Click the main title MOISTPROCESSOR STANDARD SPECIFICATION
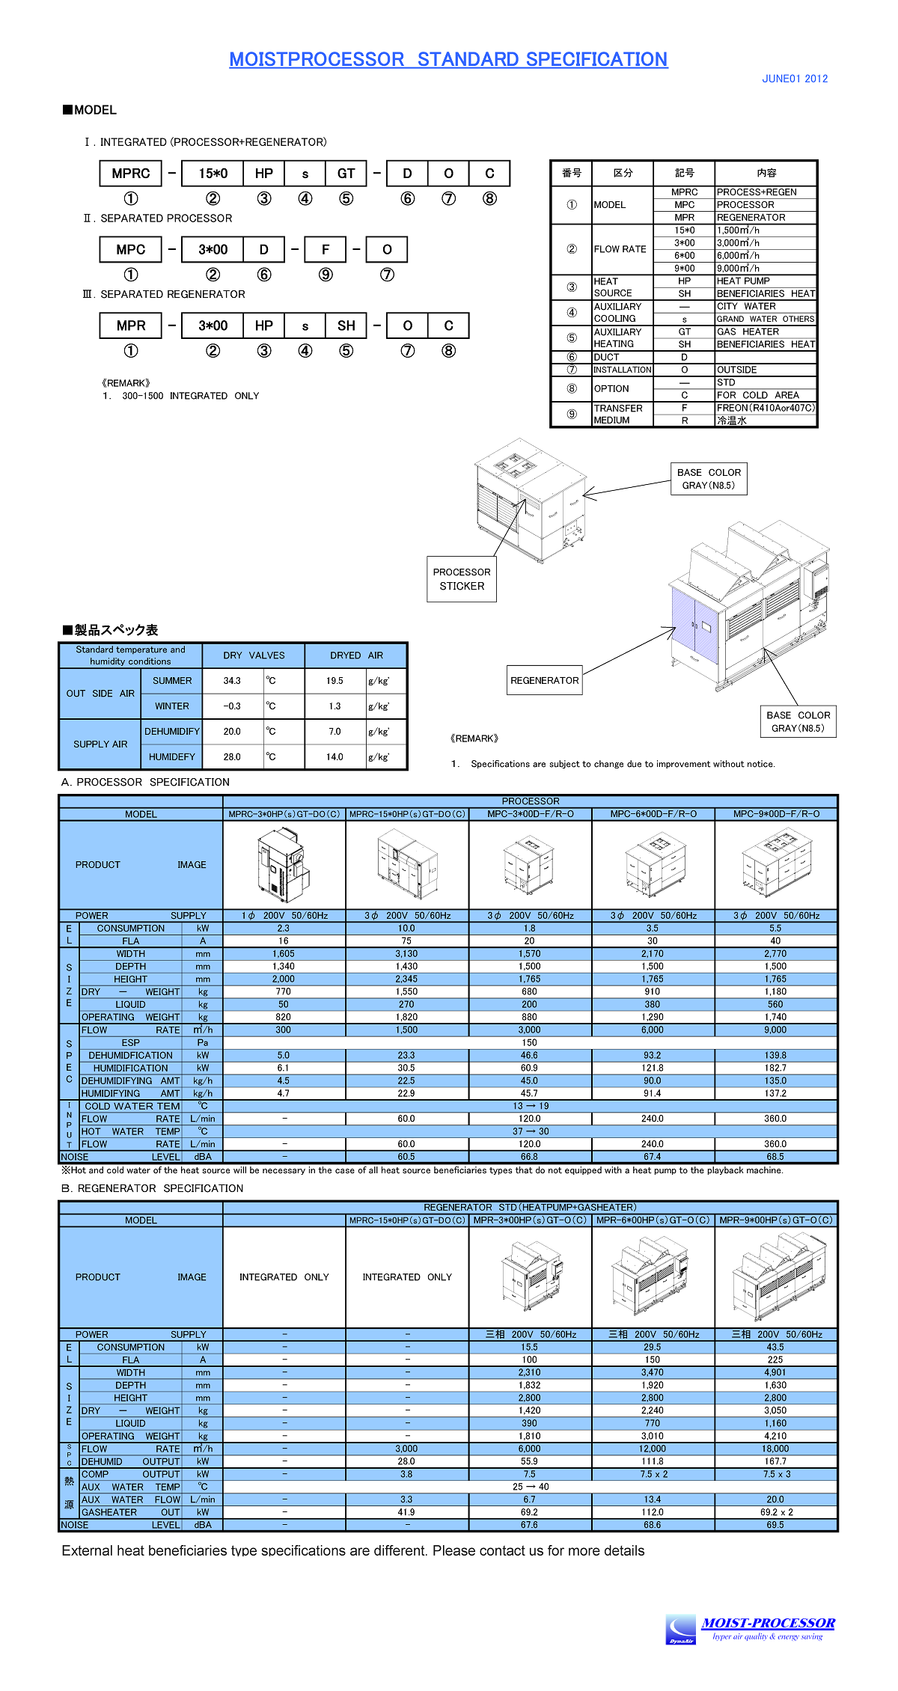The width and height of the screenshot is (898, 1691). coord(448,59)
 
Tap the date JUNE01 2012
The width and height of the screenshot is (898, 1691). coord(795,79)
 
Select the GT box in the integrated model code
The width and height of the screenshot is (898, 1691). coord(346,174)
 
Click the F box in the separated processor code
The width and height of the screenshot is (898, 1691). coord(326,250)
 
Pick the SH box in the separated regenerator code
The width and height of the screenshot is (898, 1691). coord(346,326)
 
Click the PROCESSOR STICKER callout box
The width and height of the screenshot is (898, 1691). coord(462,579)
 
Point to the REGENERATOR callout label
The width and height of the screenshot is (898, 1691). coord(544,680)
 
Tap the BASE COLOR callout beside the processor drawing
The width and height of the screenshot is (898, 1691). coord(709,479)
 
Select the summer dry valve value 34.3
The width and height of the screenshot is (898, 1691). coord(232,681)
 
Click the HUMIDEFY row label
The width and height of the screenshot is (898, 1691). coord(171,757)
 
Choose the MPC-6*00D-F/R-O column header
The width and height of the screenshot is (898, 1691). coord(653,814)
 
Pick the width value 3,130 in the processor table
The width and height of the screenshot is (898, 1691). coord(406,954)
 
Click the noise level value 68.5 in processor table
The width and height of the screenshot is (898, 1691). coord(775,1157)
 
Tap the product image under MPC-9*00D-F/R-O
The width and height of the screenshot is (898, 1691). coord(776,865)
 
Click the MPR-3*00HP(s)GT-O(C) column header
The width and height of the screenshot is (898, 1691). coord(530,1220)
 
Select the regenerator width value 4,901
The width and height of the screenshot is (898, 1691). coord(775,1373)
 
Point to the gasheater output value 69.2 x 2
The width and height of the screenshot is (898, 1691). coord(775,1512)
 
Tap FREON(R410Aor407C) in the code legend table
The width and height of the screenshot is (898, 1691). coord(766,408)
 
